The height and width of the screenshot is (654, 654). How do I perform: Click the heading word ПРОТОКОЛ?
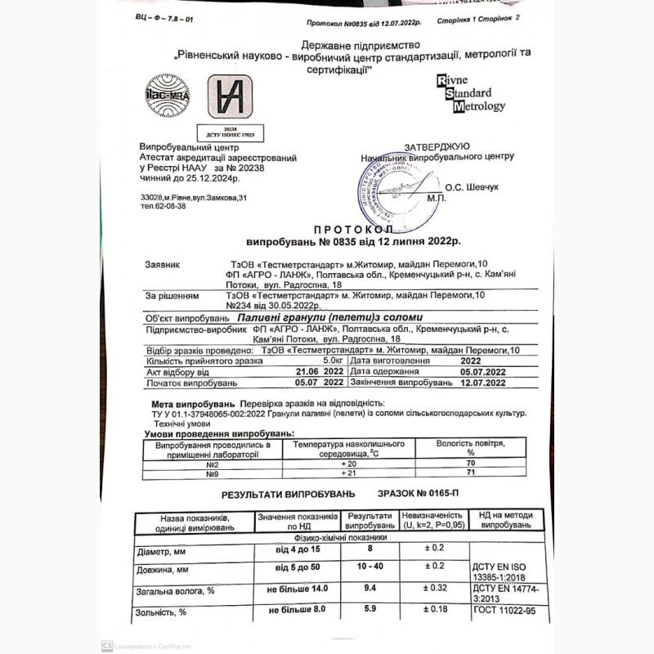[354, 231]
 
